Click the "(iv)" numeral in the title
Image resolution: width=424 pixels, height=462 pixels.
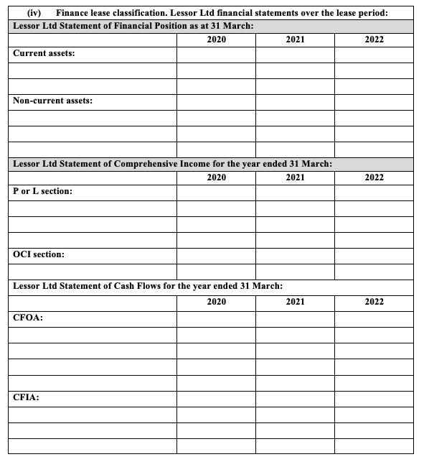33,13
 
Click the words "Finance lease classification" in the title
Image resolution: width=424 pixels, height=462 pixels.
107,13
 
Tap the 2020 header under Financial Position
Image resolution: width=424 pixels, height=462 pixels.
216,40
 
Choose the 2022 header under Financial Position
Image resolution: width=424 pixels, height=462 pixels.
374,40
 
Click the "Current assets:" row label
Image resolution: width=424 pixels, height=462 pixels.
44,54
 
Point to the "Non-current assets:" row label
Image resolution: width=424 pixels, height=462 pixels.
52,101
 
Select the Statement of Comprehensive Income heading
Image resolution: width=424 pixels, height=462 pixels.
173,164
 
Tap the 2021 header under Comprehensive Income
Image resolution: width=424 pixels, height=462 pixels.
295,177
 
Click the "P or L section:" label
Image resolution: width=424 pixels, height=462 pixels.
42,192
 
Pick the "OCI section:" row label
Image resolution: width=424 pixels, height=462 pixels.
39,254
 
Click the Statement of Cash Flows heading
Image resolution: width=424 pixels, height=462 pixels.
148,286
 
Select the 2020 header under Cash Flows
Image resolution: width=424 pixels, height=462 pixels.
216,302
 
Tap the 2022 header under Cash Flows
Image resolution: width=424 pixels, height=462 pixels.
374,302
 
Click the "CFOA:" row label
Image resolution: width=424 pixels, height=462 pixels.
28,318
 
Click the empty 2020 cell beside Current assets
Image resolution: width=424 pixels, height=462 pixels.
216,55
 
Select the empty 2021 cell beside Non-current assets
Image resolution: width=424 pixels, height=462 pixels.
295,101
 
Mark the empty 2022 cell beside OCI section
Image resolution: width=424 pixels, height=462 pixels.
374,255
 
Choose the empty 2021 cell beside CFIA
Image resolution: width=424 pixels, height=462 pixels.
295,397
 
